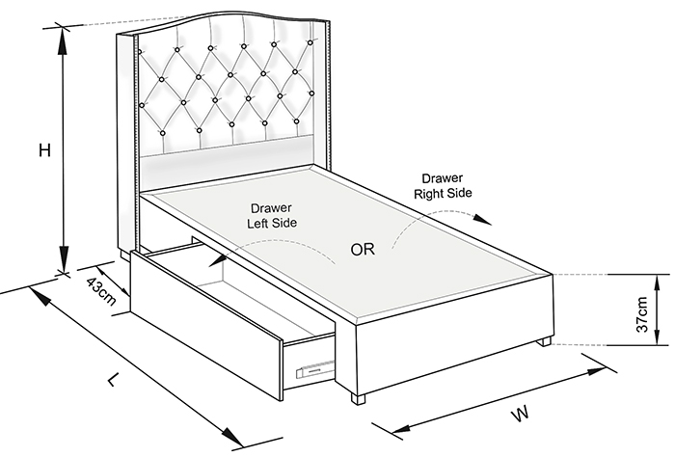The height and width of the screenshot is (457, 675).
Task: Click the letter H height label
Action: [x=44, y=150]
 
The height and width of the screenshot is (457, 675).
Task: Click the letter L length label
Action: [x=113, y=379]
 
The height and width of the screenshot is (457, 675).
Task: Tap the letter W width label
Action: [x=521, y=414]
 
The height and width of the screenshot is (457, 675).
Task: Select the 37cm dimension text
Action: [x=641, y=314]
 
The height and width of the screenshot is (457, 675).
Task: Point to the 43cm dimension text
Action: [x=101, y=291]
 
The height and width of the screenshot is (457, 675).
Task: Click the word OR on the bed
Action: [x=363, y=250]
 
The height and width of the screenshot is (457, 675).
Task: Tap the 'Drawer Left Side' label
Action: [x=272, y=216]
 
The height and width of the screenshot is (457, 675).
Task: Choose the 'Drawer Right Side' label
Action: [x=443, y=186]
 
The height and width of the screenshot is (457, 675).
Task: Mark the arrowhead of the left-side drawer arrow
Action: [x=218, y=260]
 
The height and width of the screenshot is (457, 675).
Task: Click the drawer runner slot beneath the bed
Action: [x=315, y=369]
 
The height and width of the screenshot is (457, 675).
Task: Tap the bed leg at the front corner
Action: [x=358, y=398]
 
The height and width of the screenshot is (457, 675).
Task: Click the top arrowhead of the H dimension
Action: [x=63, y=40]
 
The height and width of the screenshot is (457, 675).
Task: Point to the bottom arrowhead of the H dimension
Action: [x=64, y=259]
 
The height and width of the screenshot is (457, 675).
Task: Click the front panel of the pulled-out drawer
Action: [x=206, y=326]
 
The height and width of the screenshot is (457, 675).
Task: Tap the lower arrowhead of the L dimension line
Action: [x=231, y=437]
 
